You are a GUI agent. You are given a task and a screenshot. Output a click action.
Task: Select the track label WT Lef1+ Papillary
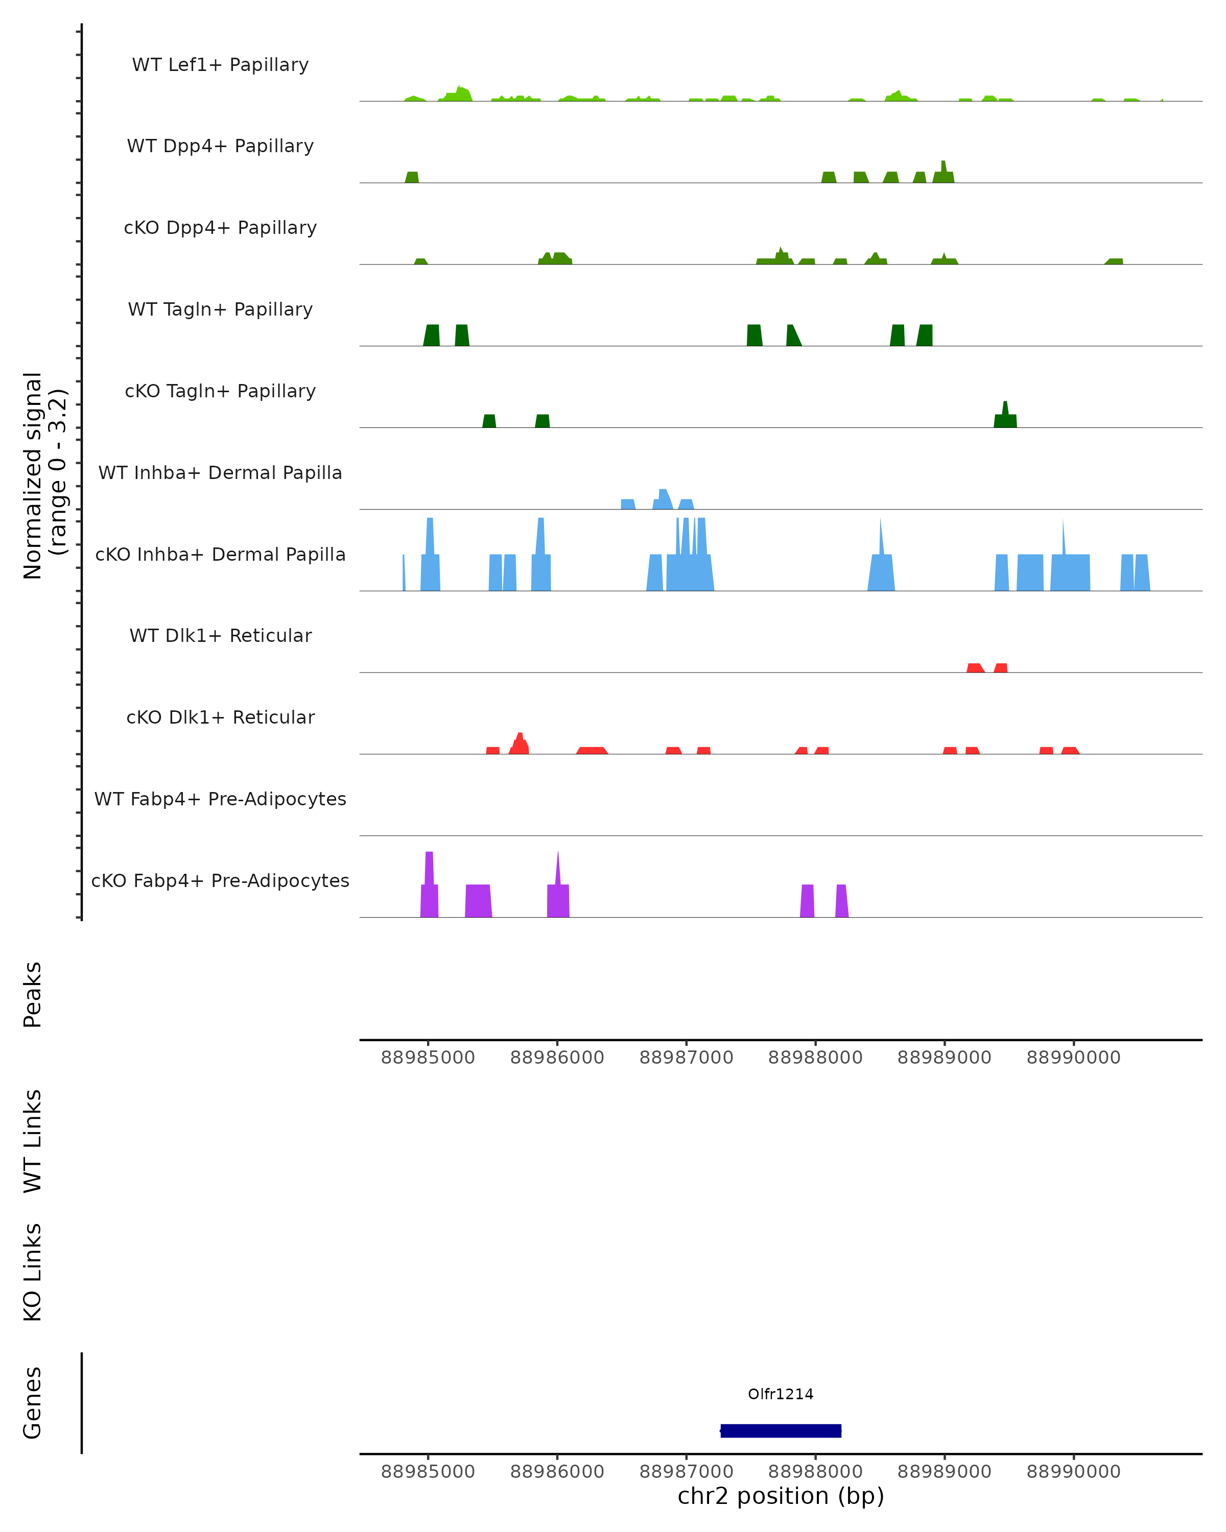click(x=220, y=65)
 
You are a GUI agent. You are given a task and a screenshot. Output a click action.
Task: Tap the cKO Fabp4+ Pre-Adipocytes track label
click(x=220, y=880)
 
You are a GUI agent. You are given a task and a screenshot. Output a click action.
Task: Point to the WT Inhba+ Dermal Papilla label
click(x=220, y=472)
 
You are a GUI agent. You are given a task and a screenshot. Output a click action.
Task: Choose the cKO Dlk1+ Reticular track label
click(x=220, y=717)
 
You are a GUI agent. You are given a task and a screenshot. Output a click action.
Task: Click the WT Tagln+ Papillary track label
click(x=220, y=309)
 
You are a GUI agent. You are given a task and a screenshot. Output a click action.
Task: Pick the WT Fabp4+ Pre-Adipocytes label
click(x=220, y=799)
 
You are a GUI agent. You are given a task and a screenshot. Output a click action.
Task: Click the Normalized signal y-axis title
click(x=44, y=475)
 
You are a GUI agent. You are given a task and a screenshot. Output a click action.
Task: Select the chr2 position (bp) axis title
click(x=781, y=1496)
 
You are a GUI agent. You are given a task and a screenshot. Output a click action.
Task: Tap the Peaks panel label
click(x=33, y=994)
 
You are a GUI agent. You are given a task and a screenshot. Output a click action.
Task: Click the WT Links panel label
click(x=33, y=1140)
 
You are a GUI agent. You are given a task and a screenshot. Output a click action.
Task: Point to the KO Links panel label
click(x=33, y=1272)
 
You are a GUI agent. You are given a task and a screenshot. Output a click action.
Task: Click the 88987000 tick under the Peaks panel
click(x=686, y=1058)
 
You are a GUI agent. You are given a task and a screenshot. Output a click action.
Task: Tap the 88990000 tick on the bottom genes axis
click(x=1073, y=1472)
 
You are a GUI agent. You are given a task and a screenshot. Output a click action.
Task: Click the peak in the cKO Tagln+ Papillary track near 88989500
click(x=1005, y=416)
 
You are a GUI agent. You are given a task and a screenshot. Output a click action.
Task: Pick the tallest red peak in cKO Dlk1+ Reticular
click(x=520, y=743)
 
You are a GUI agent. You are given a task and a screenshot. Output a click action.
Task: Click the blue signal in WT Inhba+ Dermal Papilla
click(x=663, y=499)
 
